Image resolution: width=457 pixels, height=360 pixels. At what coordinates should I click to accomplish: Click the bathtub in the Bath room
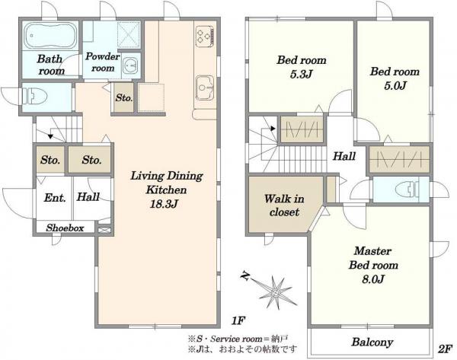tap(50, 37)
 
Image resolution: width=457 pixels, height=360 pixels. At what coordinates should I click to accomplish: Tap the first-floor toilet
tap(35, 97)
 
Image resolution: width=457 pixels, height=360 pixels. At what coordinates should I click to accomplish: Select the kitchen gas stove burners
tap(205, 36)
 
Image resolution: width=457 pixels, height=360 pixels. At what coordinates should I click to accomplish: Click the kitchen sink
tap(205, 88)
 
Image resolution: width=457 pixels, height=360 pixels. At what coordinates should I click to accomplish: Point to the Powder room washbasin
tap(130, 65)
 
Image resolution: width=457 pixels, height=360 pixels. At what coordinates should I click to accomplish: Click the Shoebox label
tap(65, 228)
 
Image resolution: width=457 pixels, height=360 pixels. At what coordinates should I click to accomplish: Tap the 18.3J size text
tap(164, 204)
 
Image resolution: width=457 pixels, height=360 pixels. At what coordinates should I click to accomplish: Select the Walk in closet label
tap(284, 205)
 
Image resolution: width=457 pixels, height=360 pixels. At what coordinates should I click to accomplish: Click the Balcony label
tap(372, 342)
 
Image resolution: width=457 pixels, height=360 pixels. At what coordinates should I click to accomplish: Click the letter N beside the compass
tap(244, 276)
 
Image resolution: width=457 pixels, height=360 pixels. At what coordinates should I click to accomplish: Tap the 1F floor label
tap(238, 321)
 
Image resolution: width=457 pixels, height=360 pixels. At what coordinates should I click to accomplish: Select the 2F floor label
tap(446, 349)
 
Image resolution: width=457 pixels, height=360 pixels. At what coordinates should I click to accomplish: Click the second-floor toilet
tap(407, 190)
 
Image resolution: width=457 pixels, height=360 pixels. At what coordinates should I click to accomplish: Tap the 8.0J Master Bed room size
tap(373, 279)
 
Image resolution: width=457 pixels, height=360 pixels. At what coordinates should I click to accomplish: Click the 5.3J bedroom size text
tap(301, 75)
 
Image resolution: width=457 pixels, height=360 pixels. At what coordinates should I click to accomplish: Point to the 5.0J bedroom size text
tap(395, 86)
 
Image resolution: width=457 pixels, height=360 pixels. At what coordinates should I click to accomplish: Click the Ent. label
tap(55, 198)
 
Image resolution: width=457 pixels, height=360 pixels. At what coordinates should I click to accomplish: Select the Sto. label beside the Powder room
tap(123, 97)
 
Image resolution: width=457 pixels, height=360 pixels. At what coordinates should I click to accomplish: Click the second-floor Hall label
tap(344, 156)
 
